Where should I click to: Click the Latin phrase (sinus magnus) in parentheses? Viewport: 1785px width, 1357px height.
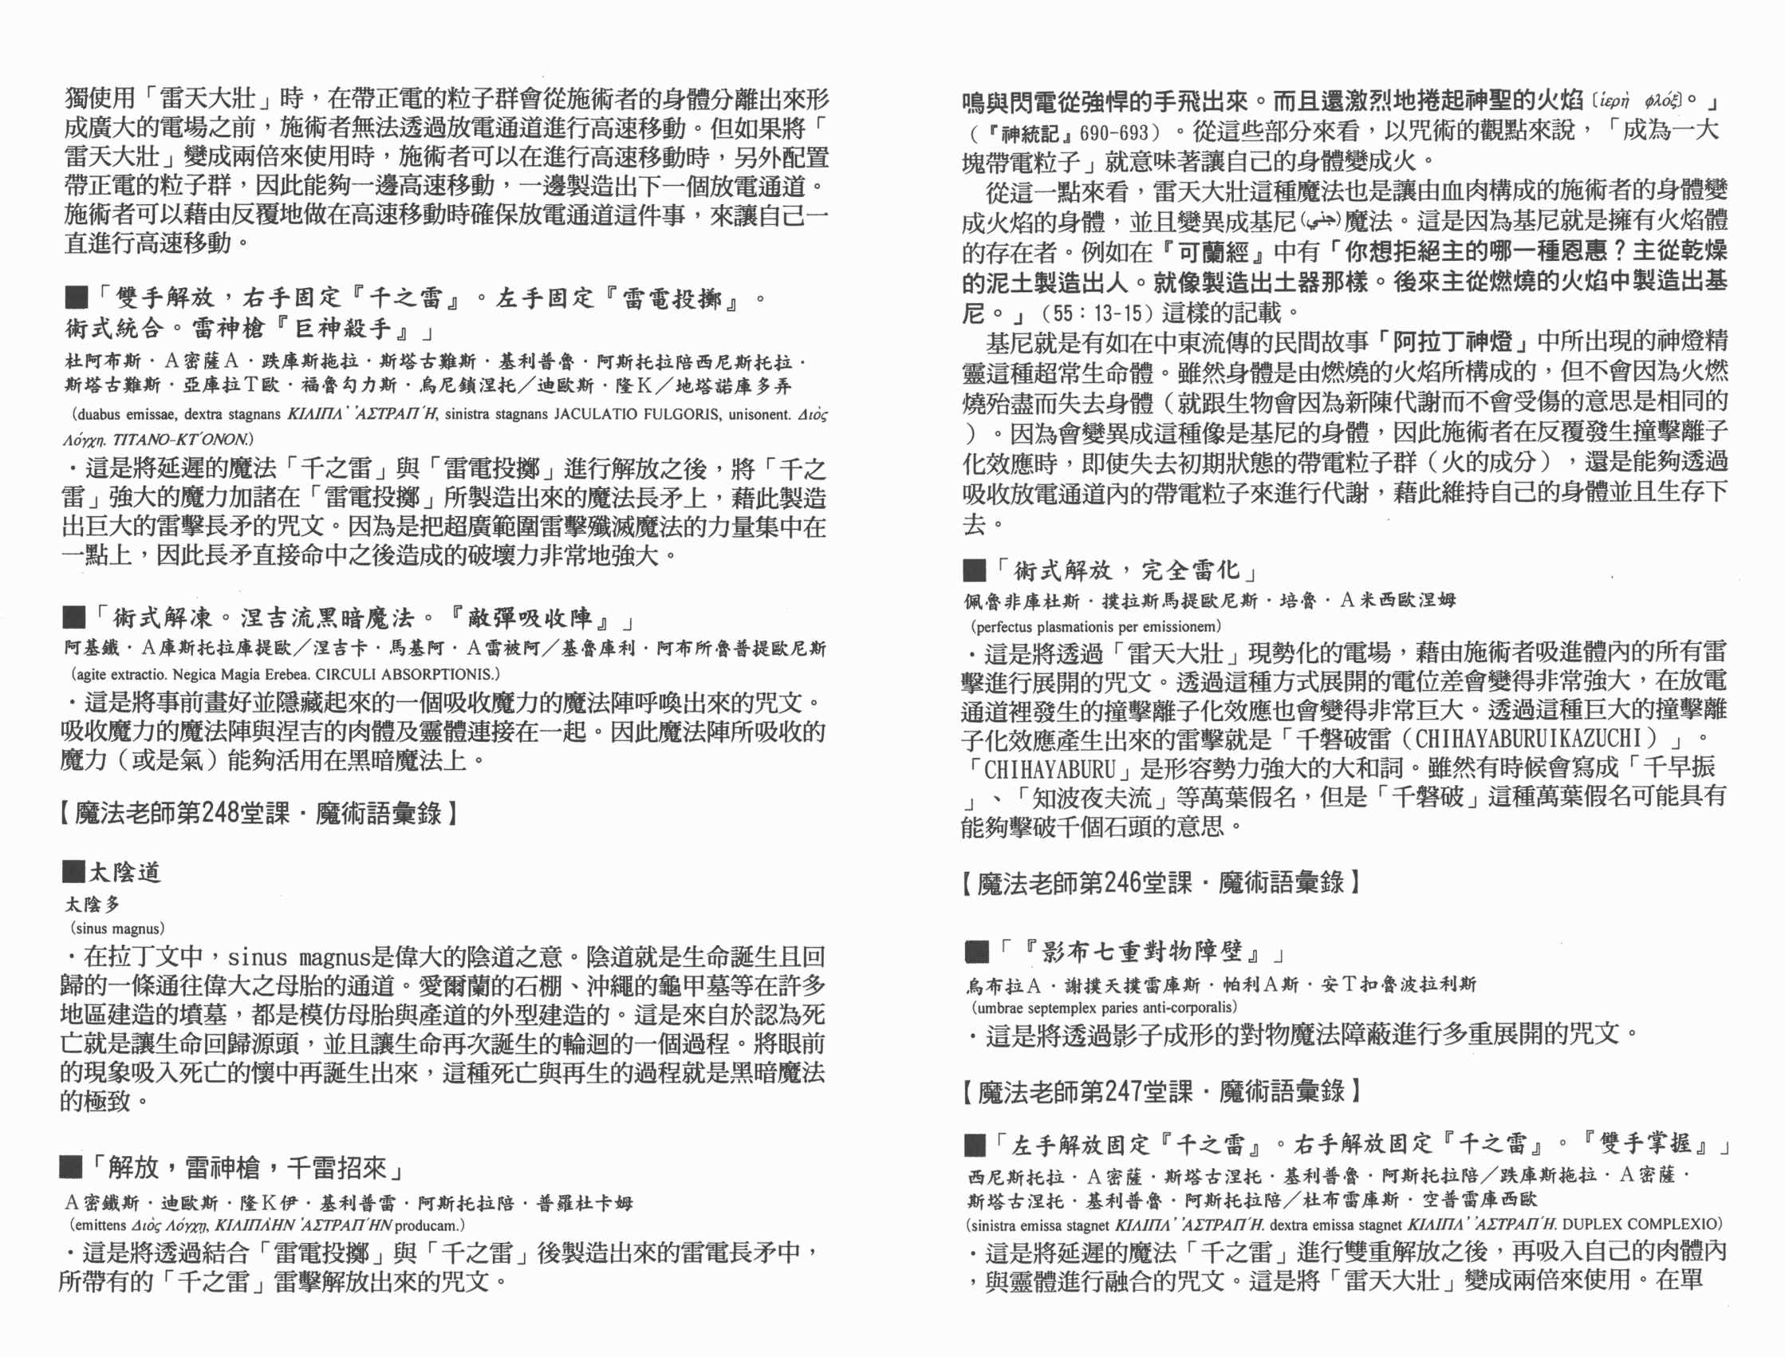(x=117, y=929)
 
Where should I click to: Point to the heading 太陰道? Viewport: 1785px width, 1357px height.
(x=125, y=873)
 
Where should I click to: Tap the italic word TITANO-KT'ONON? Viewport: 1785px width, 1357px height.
(x=182, y=440)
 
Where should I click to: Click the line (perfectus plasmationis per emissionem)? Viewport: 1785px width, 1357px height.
(x=1097, y=626)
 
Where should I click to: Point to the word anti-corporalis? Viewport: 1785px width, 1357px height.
(x=1187, y=1008)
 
